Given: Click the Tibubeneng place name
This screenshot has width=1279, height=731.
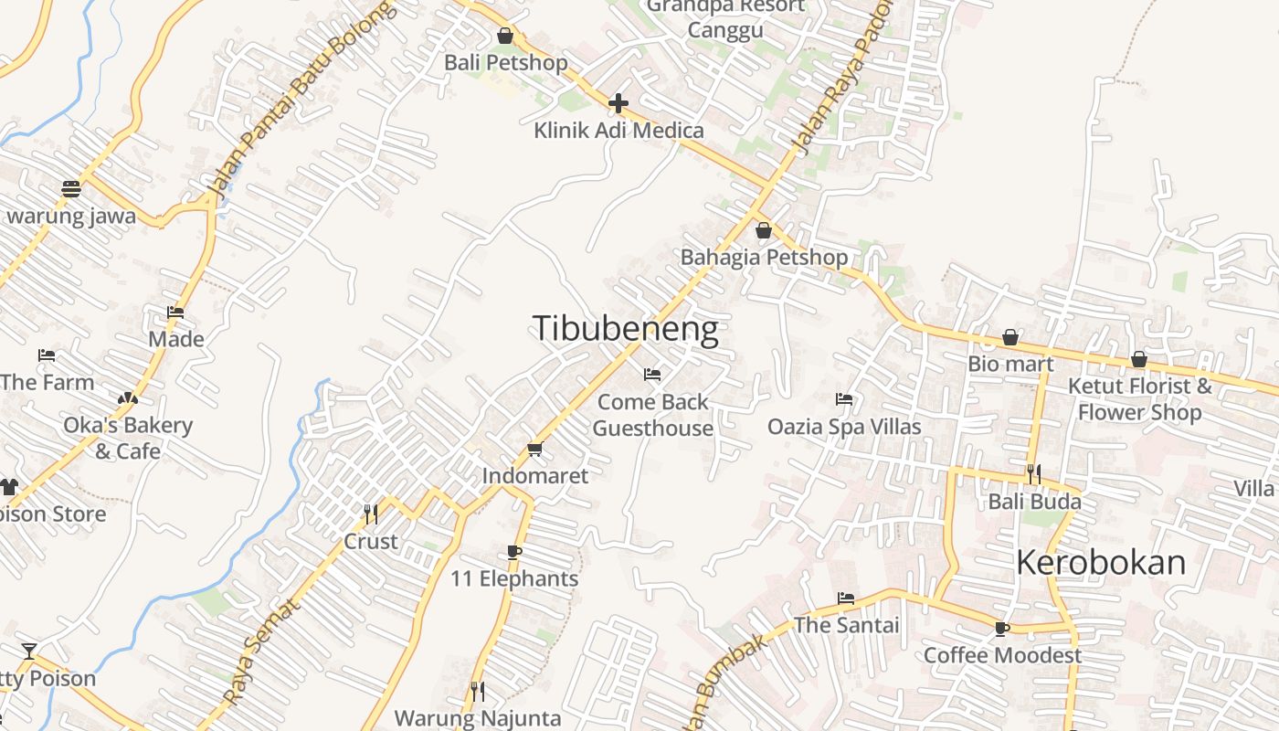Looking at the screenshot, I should pos(625,329).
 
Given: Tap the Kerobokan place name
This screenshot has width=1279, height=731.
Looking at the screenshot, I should pos(1101,563).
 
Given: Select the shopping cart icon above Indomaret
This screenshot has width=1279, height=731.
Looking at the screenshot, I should pos(534,449).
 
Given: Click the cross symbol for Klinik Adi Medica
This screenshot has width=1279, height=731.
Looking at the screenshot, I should pos(618,102).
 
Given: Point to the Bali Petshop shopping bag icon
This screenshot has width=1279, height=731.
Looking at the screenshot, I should pos(504,36).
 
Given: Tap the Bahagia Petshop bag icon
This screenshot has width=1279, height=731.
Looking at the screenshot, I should pos(763,230).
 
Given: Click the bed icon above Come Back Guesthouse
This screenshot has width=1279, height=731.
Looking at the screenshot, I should pos(652,375).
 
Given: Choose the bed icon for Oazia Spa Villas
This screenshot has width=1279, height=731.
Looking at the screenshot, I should pos(844,399).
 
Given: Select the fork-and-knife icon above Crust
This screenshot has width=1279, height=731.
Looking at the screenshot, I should pos(371,514).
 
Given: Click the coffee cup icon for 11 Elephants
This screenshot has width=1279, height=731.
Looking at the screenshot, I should pos(514,552).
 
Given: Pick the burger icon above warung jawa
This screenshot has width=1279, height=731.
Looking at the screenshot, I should pos(71,189).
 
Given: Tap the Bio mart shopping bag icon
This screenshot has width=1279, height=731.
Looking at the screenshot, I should pos(1010,338).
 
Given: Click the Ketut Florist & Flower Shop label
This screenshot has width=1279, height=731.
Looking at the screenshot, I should pos(1139,399).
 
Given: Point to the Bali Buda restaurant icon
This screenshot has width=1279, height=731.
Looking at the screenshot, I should pos(1034,474).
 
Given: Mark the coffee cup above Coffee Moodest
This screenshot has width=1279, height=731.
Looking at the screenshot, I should pos(1001,629).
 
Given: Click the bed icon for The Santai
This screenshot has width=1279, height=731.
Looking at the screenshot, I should pos(846,599).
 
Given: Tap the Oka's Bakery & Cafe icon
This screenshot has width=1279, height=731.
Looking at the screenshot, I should pos(127,398).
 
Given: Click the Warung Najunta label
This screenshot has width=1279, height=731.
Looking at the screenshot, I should pos(477,718).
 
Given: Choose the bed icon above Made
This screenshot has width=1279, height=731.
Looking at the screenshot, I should pos(175,313).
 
